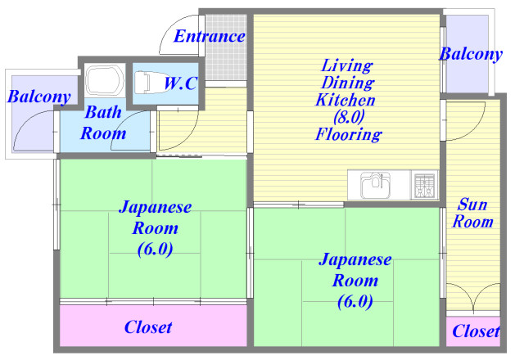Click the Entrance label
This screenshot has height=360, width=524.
pyautogui.click(x=210, y=37)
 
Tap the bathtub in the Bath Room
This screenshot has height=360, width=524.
pyautogui.click(x=104, y=81)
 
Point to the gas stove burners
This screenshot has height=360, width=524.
pyautogui.click(x=424, y=185)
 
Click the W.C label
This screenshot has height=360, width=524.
pyautogui.click(x=180, y=83)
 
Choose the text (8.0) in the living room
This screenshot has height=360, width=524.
pyautogui.click(x=347, y=117)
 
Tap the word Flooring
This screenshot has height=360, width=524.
pyautogui.click(x=347, y=135)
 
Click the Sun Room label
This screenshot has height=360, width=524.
pyautogui.click(x=473, y=213)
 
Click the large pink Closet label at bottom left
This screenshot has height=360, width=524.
pyautogui.click(x=148, y=327)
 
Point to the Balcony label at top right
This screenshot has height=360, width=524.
pyautogui.click(x=470, y=55)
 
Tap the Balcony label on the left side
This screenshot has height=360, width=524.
pyautogui.click(x=38, y=97)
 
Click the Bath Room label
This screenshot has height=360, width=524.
pyautogui.click(x=103, y=123)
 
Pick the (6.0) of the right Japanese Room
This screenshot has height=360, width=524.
pyautogui.click(x=355, y=301)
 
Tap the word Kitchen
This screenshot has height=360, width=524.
pyautogui.click(x=347, y=100)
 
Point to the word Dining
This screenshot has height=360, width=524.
pyautogui.click(x=347, y=82)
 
